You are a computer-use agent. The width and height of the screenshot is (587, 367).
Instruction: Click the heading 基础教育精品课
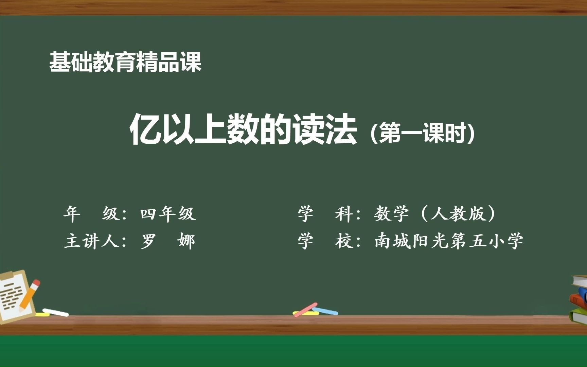tap(125, 62)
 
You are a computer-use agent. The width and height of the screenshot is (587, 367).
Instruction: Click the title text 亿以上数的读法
tap(243, 129)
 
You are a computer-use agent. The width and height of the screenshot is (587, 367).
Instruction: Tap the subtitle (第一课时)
tap(422, 133)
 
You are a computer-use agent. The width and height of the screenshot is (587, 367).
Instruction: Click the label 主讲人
tap(92, 241)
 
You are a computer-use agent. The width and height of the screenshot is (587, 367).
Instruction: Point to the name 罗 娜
tap(168, 241)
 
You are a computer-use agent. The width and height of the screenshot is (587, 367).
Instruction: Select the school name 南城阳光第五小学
tap(449, 241)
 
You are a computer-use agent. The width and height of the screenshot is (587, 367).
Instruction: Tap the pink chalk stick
tap(305, 310)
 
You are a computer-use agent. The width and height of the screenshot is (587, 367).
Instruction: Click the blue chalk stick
tap(325, 311)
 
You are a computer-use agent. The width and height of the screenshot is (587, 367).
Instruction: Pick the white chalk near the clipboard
tap(55, 312)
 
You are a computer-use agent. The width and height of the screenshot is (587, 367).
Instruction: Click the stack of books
tap(579, 299)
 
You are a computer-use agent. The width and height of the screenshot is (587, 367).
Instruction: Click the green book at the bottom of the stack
tap(579, 316)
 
